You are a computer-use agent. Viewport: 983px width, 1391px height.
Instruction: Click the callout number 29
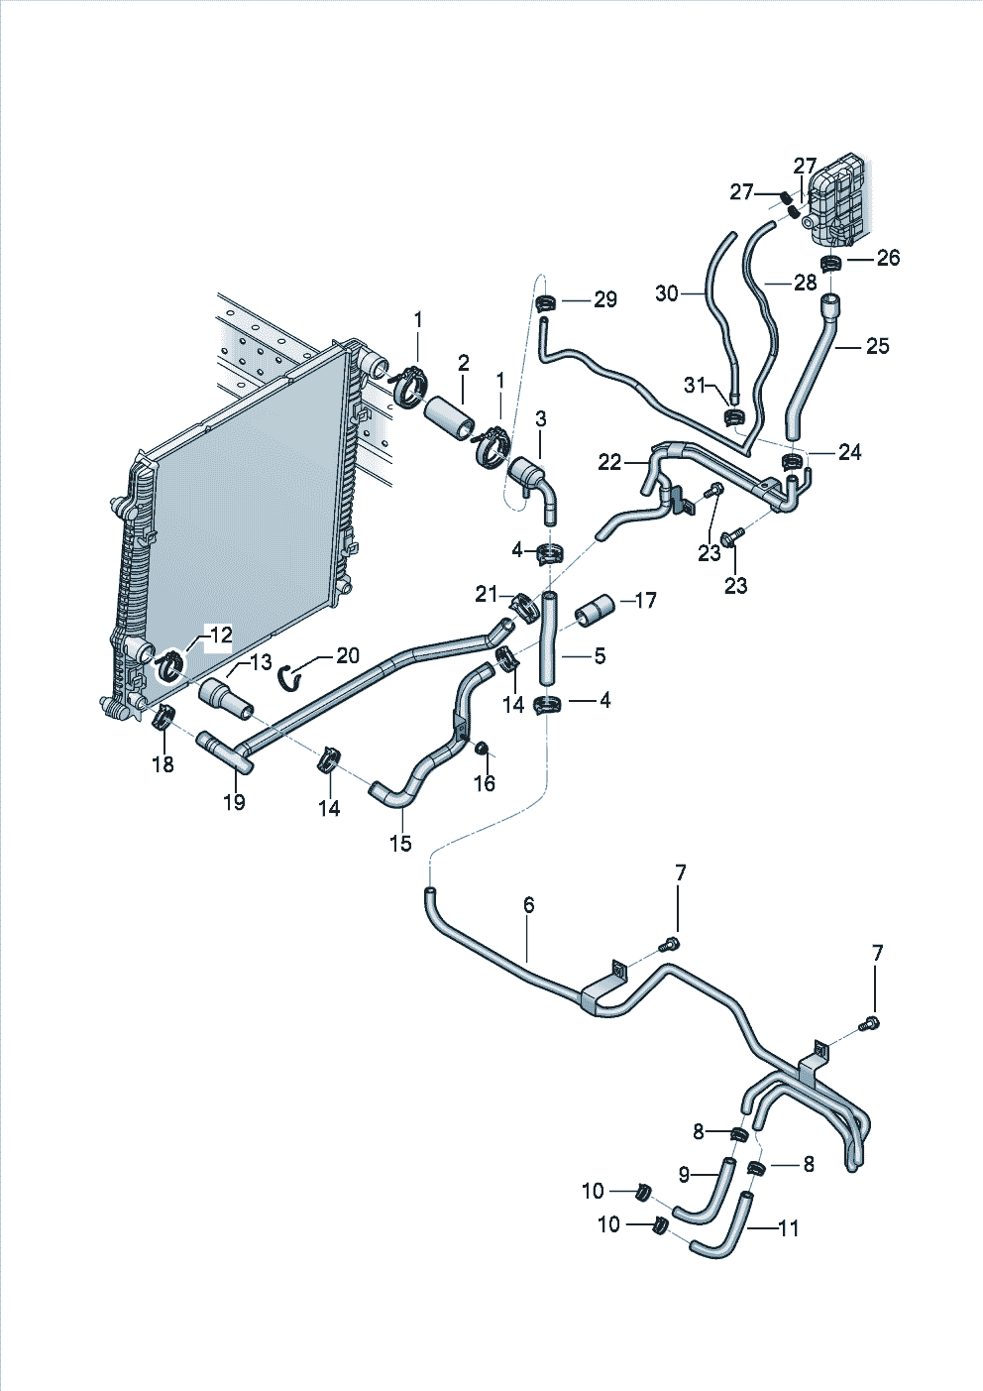pyautogui.click(x=604, y=299)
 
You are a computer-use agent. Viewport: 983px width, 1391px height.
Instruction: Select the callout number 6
pyautogui.click(x=529, y=904)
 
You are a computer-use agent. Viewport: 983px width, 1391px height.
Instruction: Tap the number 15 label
pyautogui.click(x=400, y=843)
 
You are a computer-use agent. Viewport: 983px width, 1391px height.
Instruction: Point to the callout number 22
pyautogui.click(x=609, y=462)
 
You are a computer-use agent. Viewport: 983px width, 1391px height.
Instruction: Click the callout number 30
pyautogui.click(x=667, y=293)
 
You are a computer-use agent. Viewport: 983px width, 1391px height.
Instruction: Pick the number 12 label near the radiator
pyautogui.click(x=219, y=635)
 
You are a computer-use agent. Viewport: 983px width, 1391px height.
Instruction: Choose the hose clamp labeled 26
pyautogui.click(x=832, y=263)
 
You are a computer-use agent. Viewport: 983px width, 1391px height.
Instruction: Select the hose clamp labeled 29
pyautogui.click(x=544, y=304)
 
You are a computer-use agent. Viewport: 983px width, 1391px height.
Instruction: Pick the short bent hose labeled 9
pyautogui.click(x=706, y=1190)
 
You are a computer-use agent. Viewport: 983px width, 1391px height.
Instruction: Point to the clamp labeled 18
pyautogui.click(x=163, y=716)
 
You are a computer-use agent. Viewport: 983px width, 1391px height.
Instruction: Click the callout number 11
pyautogui.click(x=788, y=1228)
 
